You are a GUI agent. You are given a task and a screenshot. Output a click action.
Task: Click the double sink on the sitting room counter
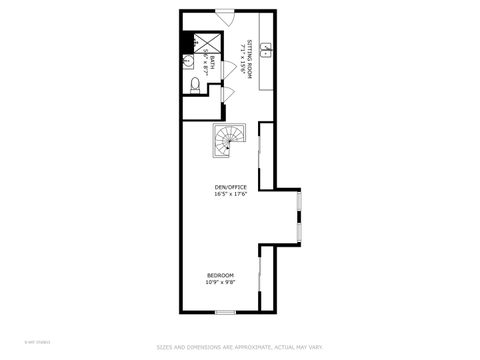tap(268, 47)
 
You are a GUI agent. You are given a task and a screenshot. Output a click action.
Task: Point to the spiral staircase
tap(227, 140)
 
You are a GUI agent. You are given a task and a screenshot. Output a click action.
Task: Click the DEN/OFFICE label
tap(230, 187)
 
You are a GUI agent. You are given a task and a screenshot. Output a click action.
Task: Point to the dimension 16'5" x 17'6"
tap(230, 194)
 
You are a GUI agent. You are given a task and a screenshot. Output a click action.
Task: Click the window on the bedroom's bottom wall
tap(225, 312)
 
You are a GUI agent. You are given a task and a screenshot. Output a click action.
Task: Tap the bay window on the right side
tap(300, 216)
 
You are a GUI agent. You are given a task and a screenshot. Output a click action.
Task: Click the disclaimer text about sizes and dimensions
tap(240, 347)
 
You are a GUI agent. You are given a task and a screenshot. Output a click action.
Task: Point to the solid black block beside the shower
tap(186, 42)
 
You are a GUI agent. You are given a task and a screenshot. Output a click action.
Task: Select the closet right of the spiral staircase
tap(266, 155)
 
